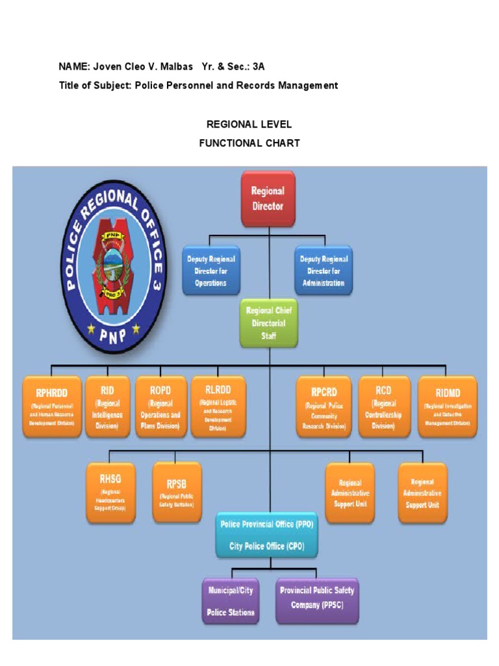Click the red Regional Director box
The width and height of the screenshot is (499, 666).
tap(268, 198)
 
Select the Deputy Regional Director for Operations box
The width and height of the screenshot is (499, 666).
tap(211, 271)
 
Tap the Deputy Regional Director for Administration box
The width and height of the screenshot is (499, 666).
tap(323, 270)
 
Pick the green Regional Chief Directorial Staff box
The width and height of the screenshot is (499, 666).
tap(269, 323)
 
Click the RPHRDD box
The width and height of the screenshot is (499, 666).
tap(52, 406)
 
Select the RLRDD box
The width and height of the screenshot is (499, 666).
tap(218, 406)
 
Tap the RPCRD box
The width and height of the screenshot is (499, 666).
tap(323, 406)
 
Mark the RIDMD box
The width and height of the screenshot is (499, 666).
tap(447, 406)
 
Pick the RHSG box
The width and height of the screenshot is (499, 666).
tap(110, 492)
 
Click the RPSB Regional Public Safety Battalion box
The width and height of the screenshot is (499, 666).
tap(177, 492)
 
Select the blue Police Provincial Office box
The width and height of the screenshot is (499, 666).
tap(266, 534)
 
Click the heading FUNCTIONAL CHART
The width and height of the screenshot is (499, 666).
tap(249, 143)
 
